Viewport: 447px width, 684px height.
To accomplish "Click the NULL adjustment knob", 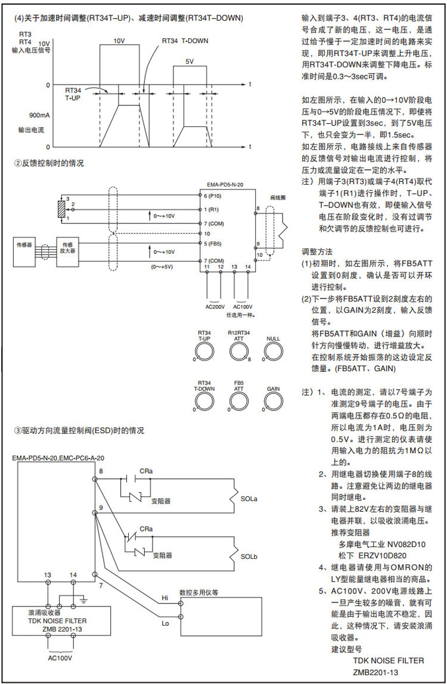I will point(273,352).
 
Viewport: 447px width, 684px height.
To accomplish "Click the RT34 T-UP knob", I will point(204,352).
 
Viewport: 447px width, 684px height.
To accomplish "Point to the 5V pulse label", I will point(190,61).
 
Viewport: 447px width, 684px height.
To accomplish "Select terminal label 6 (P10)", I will point(213,195).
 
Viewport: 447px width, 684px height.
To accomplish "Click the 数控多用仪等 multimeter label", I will point(199,593).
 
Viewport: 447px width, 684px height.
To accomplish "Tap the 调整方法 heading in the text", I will point(317,252).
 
